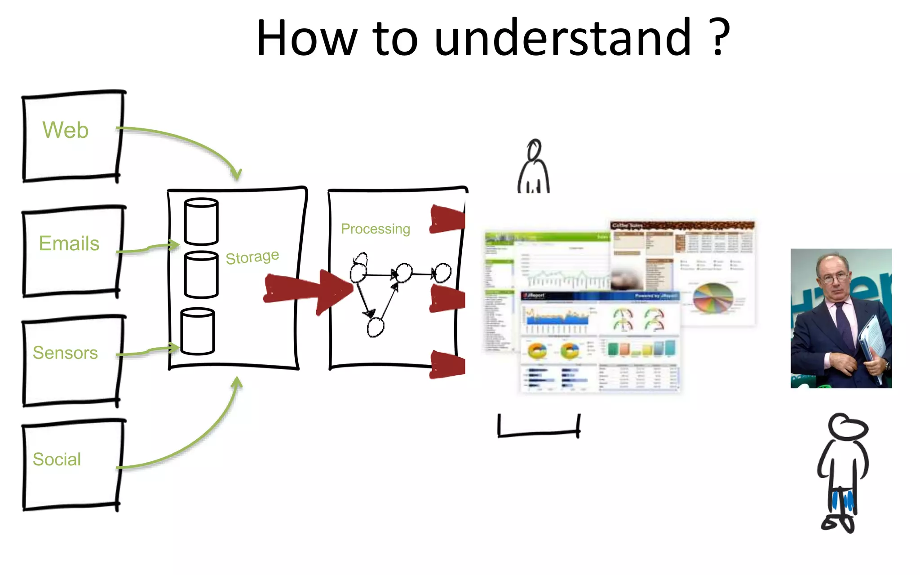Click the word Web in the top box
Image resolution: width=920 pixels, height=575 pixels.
click(x=66, y=130)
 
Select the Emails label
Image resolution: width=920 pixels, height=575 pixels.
click(x=69, y=243)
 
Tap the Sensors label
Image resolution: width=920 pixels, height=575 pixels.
click(x=65, y=353)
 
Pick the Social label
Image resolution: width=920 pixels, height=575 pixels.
click(x=57, y=459)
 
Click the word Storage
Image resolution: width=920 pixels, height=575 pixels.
click(x=252, y=257)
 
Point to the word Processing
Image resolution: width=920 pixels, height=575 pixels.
click(x=375, y=229)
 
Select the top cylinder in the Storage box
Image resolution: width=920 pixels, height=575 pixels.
click(x=201, y=221)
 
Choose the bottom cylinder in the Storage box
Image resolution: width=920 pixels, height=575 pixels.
click(x=197, y=331)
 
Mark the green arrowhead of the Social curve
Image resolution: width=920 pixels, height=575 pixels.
click(x=237, y=383)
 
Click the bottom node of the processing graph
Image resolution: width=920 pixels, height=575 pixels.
click(x=375, y=327)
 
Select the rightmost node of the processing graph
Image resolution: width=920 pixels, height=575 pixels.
click(x=443, y=273)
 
